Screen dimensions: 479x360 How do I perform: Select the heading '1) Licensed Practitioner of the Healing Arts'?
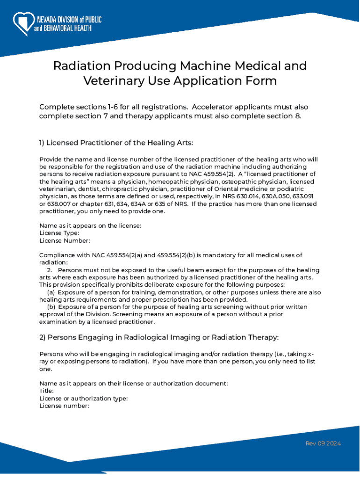click(x=116, y=142)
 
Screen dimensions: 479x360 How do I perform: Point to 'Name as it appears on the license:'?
click(x=90, y=225)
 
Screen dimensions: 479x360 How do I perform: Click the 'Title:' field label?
click(x=46, y=391)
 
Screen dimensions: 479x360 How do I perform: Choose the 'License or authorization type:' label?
click(x=84, y=398)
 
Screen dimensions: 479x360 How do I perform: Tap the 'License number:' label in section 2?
click(x=64, y=406)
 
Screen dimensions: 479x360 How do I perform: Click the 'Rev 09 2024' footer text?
click(x=323, y=443)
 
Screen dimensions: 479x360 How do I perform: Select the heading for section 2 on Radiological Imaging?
click(x=159, y=337)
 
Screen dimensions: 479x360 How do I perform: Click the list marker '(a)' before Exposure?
click(x=51, y=292)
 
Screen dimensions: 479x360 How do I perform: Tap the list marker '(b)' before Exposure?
click(x=51, y=307)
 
